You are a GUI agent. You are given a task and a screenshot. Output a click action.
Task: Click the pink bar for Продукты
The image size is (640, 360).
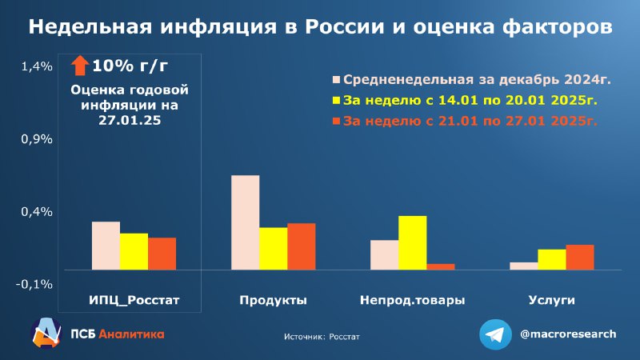[x=246, y=222]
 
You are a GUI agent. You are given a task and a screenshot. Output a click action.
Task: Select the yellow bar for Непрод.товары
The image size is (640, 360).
[x=413, y=243]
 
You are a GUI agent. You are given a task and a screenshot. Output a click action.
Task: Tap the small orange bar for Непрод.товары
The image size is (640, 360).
[x=441, y=267]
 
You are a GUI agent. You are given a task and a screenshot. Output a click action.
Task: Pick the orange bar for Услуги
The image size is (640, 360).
[x=580, y=257]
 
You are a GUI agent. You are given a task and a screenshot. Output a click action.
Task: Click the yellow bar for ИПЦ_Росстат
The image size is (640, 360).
[x=134, y=251]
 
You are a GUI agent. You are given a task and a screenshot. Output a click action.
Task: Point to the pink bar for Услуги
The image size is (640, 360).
[x=524, y=266]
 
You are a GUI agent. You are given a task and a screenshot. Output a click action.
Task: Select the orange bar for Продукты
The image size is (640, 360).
[x=302, y=246]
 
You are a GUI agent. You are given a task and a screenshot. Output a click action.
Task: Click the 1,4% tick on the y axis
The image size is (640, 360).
[x=37, y=66]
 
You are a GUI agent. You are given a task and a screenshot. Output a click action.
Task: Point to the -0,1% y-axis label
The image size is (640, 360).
[x=34, y=285]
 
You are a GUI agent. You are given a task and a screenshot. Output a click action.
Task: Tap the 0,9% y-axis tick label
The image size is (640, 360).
[x=37, y=139]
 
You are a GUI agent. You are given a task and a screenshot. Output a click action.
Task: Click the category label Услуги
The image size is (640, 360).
[x=551, y=301]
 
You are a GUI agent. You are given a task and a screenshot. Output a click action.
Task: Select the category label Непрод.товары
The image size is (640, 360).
[x=412, y=301]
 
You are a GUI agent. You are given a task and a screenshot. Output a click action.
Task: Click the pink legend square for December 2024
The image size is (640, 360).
[x=336, y=79]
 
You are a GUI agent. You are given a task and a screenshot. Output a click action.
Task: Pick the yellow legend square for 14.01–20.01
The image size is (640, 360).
[x=336, y=101]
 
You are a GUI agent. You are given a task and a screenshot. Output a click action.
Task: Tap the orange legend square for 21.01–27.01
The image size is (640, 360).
[x=336, y=122]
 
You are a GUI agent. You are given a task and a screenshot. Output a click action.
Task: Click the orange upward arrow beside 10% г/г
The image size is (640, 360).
[x=80, y=66]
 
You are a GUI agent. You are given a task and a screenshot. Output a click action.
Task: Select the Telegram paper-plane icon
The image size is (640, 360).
[x=495, y=334]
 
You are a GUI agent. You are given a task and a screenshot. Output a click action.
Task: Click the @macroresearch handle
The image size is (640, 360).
[x=568, y=334]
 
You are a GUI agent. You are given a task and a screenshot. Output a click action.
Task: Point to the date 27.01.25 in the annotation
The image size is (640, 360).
[x=130, y=121]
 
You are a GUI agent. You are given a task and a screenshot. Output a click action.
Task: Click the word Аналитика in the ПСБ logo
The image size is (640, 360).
[x=131, y=334]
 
